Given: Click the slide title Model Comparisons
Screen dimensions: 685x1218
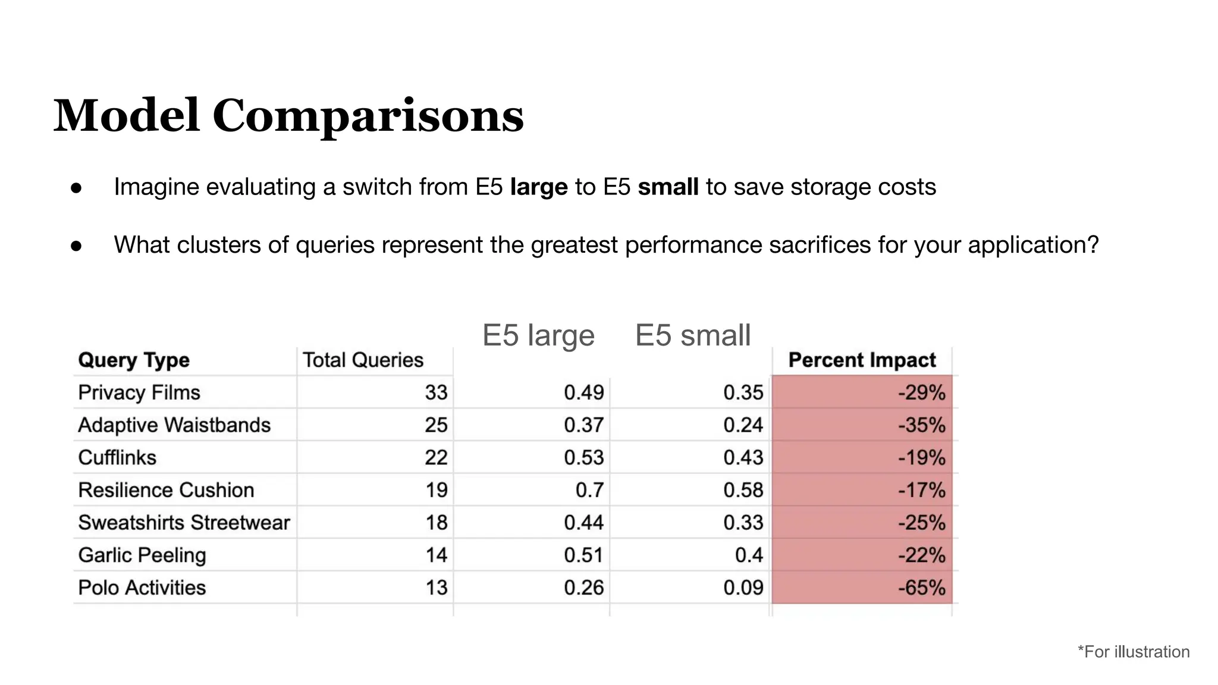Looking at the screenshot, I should pyautogui.click(x=288, y=115).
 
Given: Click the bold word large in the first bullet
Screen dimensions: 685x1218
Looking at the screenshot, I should pyautogui.click(x=539, y=187).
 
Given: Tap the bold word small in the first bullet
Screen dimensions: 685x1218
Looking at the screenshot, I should pyautogui.click(x=668, y=187).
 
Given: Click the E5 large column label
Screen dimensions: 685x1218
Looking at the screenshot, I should pyautogui.click(x=538, y=335).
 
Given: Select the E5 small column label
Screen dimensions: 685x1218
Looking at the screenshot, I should pyautogui.click(x=693, y=335).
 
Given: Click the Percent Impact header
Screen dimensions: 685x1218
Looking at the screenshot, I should pyautogui.click(x=862, y=360).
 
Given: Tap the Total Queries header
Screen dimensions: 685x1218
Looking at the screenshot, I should pyautogui.click(x=363, y=360).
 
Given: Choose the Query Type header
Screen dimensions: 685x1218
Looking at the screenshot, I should pyautogui.click(x=134, y=360).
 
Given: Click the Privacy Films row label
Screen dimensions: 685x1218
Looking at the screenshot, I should pyautogui.click(x=139, y=393).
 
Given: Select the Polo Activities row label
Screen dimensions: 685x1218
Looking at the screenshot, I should pyautogui.click(x=142, y=588).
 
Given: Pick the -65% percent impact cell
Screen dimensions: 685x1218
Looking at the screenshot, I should pyautogui.click(x=921, y=588).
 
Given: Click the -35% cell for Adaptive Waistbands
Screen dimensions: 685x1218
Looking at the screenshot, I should pyautogui.click(x=921, y=425).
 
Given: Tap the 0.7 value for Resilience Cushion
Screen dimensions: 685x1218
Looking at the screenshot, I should pyautogui.click(x=589, y=491).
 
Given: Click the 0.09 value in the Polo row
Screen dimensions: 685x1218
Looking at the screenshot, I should pyautogui.click(x=743, y=588).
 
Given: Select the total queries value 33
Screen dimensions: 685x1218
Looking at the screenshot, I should pyautogui.click(x=436, y=393).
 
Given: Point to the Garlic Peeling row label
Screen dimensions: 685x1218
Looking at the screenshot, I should pyautogui.click(x=142, y=555).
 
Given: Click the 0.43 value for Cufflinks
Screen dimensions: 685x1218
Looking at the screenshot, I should pyautogui.click(x=743, y=458).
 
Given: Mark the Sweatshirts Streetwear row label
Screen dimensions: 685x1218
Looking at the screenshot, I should pyautogui.click(x=184, y=523).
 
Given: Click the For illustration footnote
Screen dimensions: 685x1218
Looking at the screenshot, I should pyautogui.click(x=1134, y=652).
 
